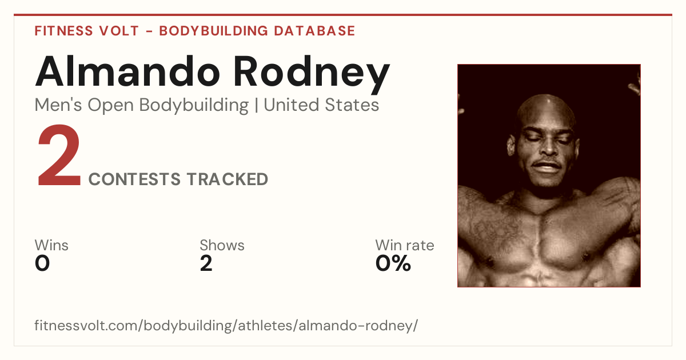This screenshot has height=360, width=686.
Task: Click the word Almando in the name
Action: [127, 71]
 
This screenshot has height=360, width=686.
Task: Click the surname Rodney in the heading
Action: [312, 75]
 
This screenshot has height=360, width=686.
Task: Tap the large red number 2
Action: [59, 155]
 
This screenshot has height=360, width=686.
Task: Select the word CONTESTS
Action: [134, 179]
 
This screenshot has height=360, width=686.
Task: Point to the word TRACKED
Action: [228, 179]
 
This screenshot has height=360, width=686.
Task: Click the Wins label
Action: [51, 245]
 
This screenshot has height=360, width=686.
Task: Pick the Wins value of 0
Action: [42, 263]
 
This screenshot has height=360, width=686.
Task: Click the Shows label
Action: [222, 245]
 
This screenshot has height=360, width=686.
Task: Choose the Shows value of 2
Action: [206, 263]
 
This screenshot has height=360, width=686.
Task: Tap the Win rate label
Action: [405, 245]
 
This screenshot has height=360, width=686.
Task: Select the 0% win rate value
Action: [393, 263]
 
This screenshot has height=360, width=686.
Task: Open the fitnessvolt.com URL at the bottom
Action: [226, 325]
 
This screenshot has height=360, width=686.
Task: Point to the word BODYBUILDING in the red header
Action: [214, 31]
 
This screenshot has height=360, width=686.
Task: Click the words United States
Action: [321, 105]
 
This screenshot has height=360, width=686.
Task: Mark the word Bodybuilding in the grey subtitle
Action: [194, 106]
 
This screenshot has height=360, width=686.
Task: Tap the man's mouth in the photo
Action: [547, 167]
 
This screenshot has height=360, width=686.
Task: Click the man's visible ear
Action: [511, 145]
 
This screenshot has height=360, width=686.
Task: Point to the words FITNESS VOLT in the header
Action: [87, 31]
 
